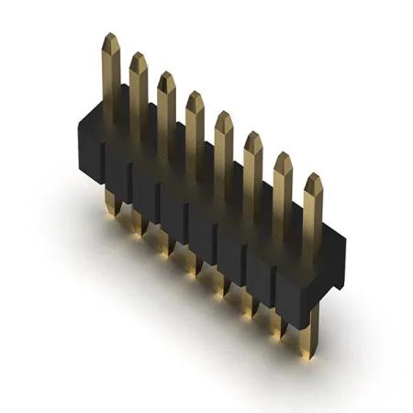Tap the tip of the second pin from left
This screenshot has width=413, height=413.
[x=138, y=60]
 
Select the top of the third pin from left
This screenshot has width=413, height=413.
[x=165, y=80]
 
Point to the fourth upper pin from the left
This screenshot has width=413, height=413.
[x=195, y=98]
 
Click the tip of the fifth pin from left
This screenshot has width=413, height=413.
[x=224, y=118]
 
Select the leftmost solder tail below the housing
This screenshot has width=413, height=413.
[x=111, y=203]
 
